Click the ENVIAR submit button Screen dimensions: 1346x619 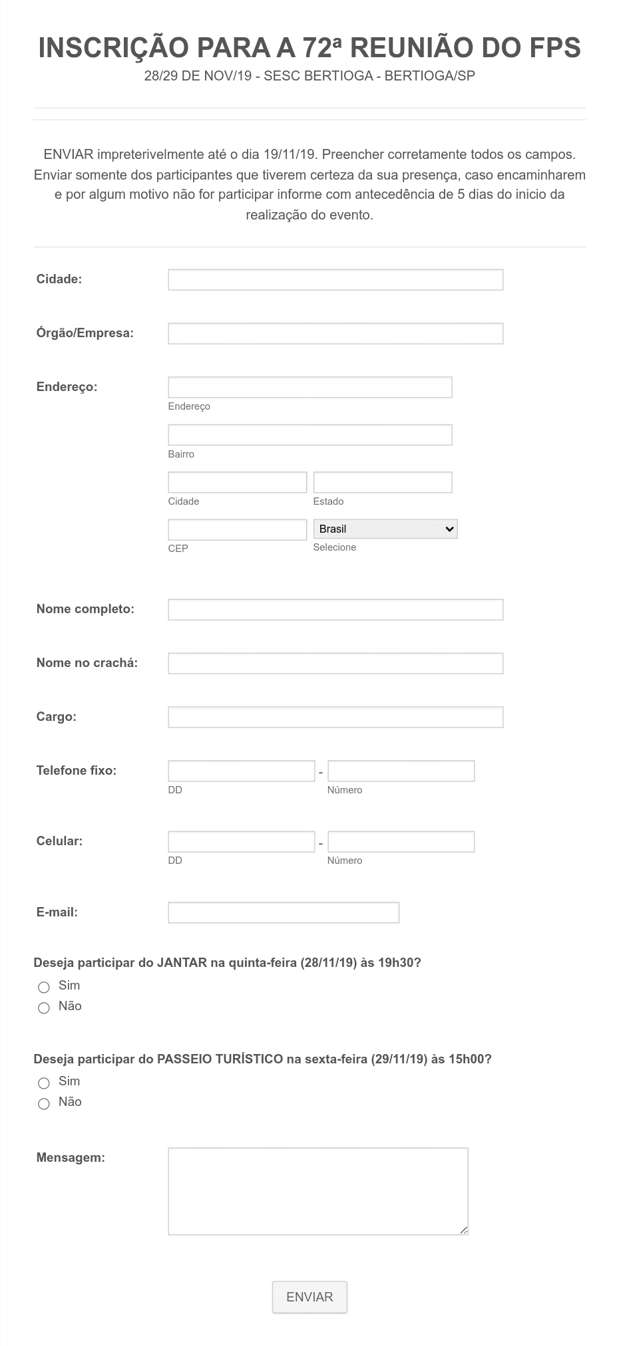tap(309, 1297)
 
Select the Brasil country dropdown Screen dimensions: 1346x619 tap(385, 529)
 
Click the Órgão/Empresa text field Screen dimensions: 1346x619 tap(335, 334)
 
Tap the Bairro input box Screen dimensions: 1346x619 tap(309, 435)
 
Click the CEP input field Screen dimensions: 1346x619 tap(237, 530)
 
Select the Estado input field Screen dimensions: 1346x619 tap(383, 482)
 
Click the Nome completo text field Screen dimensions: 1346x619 tap(335, 610)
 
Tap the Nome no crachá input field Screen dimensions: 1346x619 tap(335, 664)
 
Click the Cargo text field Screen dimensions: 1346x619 tap(335, 718)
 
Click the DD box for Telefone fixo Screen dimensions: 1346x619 tap(241, 771)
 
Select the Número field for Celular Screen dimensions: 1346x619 tap(401, 842)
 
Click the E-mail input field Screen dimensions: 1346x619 tap(284, 912)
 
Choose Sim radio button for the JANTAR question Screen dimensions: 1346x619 tap(44, 987)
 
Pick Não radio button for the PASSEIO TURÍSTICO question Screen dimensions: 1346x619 tap(44, 1104)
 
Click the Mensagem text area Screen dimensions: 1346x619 tap(318, 1190)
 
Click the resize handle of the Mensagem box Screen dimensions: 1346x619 tap(464, 1230)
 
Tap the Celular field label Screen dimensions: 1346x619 tap(59, 841)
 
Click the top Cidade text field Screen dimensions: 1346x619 tap(335, 280)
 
